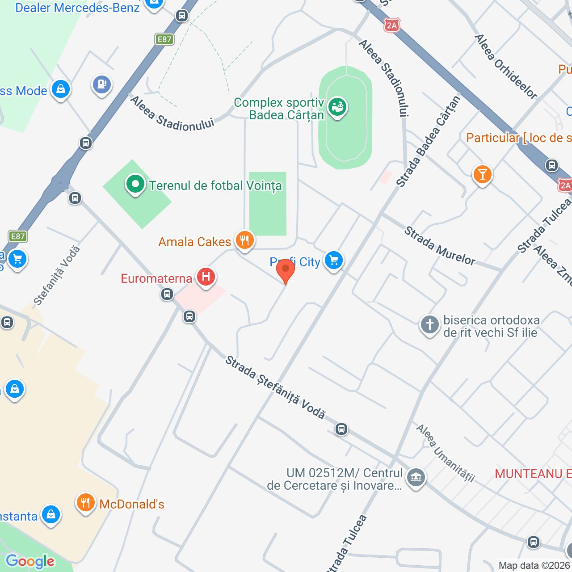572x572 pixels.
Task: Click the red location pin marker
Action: coord(285,270)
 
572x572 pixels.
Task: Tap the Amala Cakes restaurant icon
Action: coord(244,241)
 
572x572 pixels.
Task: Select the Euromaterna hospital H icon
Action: coord(206,277)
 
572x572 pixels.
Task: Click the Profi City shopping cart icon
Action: coord(333,260)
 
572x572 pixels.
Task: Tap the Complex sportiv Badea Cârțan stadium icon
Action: coord(337,107)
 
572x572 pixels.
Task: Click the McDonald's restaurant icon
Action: coord(85,503)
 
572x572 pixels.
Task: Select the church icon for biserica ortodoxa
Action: coord(430,325)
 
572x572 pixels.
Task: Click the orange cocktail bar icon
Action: coord(482,174)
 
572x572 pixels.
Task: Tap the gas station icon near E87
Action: coord(102,84)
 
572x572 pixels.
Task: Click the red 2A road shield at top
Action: coord(392,25)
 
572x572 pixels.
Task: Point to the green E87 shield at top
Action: coord(164,39)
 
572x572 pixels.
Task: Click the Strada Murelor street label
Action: coord(440,246)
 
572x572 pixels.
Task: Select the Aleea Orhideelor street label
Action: coord(505,67)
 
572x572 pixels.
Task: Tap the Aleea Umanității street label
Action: coord(445,453)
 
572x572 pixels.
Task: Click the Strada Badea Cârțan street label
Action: coord(428,142)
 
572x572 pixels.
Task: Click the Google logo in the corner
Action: coord(30,561)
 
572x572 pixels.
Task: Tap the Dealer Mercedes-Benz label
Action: coord(77,8)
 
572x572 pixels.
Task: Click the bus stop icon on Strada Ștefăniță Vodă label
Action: coord(341,429)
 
